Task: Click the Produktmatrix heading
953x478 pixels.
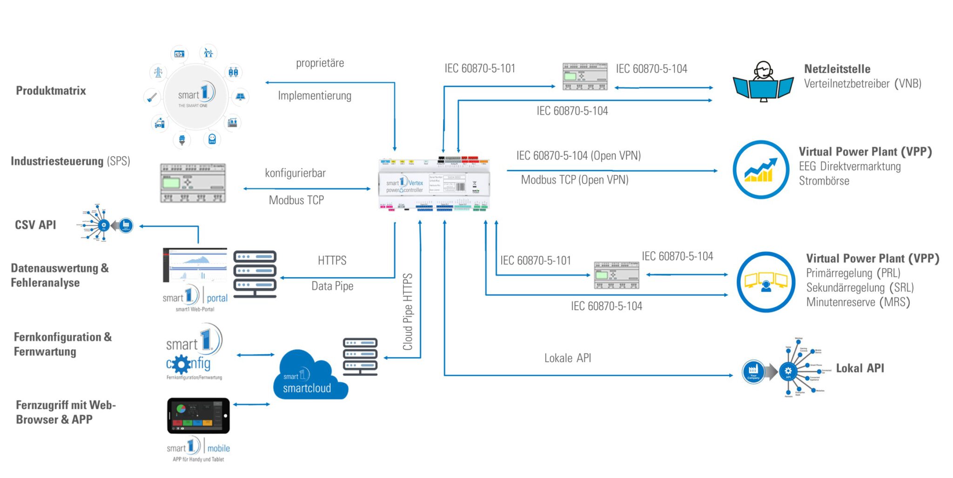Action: click(x=51, y=91)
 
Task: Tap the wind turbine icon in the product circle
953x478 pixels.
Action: click(x=208, y=53)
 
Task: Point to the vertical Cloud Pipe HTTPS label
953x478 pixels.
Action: click(x=408, y=312)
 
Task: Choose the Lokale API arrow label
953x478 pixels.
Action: click(x=568, y=358)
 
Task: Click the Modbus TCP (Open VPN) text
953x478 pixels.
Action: click(x=575, y=180)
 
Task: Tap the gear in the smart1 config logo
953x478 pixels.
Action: click(x=181, y=365)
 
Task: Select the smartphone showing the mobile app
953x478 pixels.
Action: click(x=198, y=415)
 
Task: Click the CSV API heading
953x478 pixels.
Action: click(x=35, y=225)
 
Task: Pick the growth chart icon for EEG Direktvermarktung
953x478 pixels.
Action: click(x=761, y=170)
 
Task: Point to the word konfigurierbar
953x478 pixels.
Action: click(x=295, y=173)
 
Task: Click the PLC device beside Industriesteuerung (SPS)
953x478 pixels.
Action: click(x=193, y=183)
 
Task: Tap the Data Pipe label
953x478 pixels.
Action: click(x=332, y=286)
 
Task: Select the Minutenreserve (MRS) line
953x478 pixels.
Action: click(x=858, y=302)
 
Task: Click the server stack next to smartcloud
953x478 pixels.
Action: click(x=360, y=356)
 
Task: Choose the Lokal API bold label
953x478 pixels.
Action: click(x=860, y=368)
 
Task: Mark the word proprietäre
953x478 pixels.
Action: click(x=320, y=63)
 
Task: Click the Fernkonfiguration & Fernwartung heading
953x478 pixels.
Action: click(x=63, y=344)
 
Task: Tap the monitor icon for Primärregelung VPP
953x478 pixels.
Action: click(x=766, y=282)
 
